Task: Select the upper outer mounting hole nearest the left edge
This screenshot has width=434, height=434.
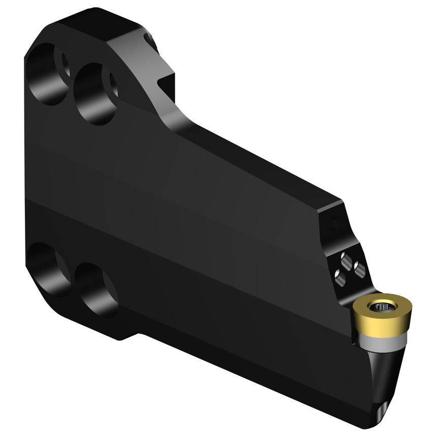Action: (46, 74)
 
